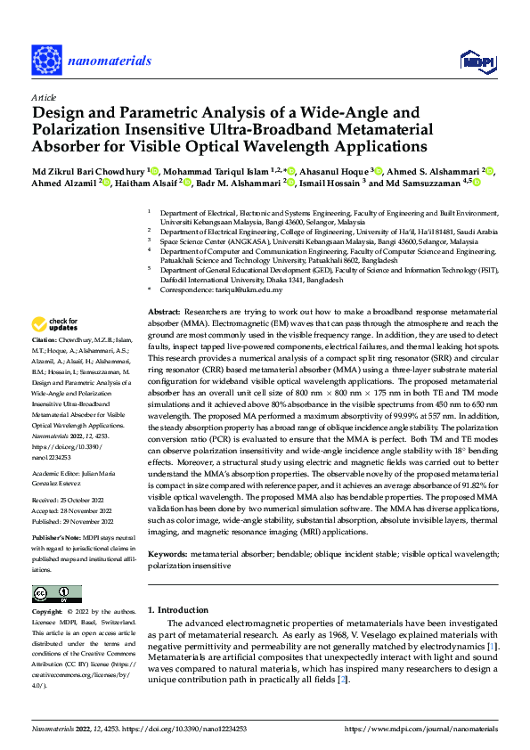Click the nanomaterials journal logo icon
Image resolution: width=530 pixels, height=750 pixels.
pyautogui.click(x=49, y=60)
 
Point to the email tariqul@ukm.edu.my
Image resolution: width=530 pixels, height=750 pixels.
pyautogui.click(x=254, y=289)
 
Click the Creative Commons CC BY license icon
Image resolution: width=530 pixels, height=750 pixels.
pyautogui.click(x=57, y=594)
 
